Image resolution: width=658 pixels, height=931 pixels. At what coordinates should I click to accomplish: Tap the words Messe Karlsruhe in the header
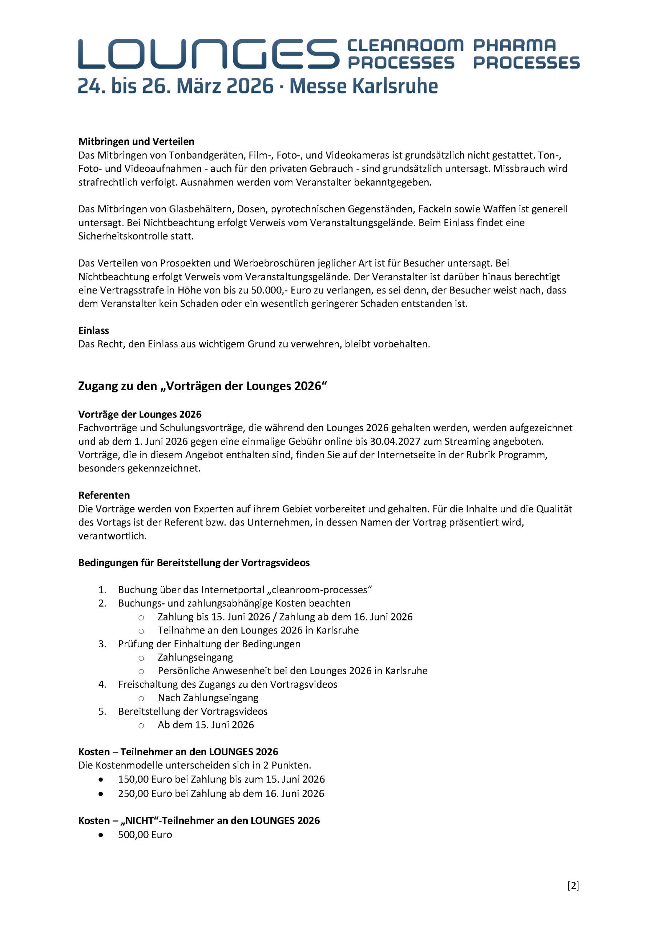click(x=363, y=86)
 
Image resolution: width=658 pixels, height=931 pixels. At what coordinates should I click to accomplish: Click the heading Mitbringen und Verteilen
click(x=136, y=141)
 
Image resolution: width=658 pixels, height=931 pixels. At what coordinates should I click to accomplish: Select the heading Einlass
click(x=94, y=331)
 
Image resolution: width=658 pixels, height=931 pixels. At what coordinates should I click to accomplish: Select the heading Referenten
click(x=104, y=495)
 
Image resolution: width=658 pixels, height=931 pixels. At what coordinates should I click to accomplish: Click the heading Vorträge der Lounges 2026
click(x=140, y=415)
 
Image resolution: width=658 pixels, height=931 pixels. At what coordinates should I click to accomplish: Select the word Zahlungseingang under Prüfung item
click(x=195, y=657)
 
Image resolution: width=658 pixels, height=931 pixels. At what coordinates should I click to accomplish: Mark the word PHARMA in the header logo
click(x=514, y=45)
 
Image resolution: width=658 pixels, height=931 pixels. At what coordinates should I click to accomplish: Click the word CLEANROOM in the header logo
click(x=405, y=45)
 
